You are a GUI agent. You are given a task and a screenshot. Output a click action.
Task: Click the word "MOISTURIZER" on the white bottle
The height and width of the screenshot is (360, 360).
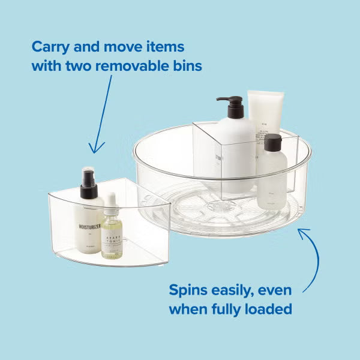pos(90,227)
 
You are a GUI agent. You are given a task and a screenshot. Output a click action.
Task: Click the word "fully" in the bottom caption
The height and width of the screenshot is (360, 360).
pos(235,310)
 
